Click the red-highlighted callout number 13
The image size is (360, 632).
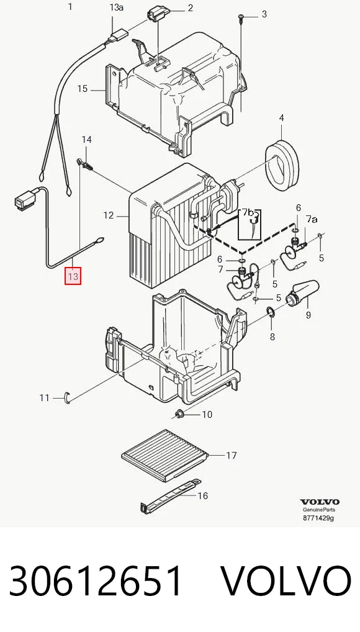click(73, 276)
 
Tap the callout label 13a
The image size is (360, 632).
click(116, 7)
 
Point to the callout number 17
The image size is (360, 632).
click(231, 456)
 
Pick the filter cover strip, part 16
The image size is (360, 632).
click(169, 496)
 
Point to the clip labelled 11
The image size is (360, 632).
click(67, 397)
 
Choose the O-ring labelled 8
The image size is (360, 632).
click(271, 312)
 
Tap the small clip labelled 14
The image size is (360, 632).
click(84, 163)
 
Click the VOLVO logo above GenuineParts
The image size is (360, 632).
click(319, 502)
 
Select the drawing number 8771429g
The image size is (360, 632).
click(318, 518)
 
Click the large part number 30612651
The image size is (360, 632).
click(96, 581)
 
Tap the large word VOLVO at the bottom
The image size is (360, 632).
click(286, 581)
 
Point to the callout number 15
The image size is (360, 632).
click(82, 88)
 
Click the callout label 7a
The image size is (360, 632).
click(311, 219)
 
